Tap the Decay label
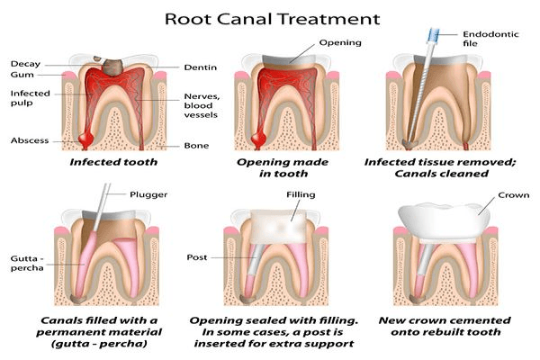pos(24,63)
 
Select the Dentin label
pos(199,67)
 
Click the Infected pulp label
pos(30,98)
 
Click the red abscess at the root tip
pos(86,137)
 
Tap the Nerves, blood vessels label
pos(202,104)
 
